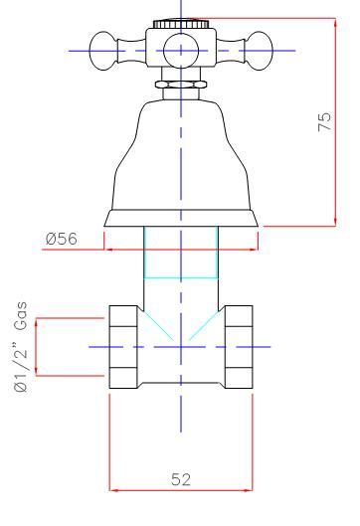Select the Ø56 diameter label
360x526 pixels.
[x=64, y=239]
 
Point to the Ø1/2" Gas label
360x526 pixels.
[x=21, y=348]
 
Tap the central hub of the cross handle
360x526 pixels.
[x=180, y=48]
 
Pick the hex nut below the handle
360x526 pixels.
[x=180, y=87]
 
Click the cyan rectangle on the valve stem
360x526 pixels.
[x=180, y=254]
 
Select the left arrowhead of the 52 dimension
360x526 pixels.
[x=113, y=488]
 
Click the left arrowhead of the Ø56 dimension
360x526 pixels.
[x=110, y=250]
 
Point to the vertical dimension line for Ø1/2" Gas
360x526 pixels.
[x=37, y=347]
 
